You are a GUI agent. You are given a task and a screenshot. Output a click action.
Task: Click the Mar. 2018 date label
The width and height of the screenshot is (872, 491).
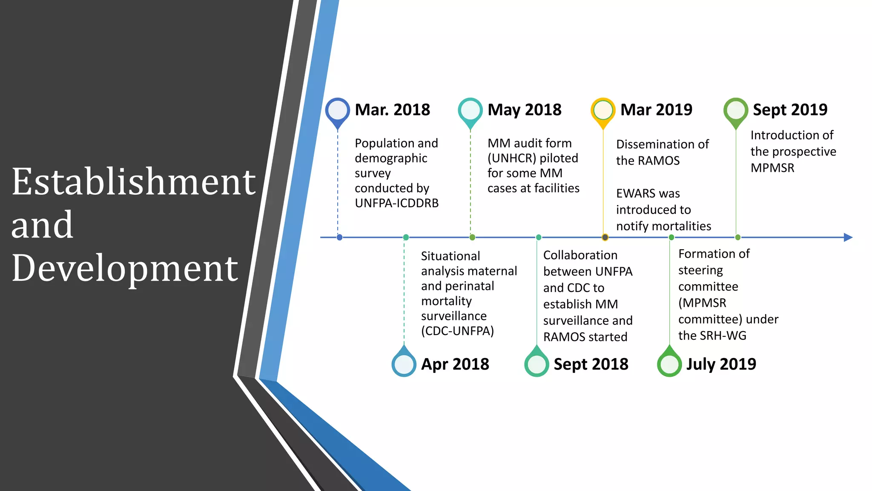(x=392, y=110)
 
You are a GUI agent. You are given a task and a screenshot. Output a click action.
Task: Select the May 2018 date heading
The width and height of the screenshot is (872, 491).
(x=524, y=110)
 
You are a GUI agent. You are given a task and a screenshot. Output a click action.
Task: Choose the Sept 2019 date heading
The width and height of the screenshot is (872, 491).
(x=790, y=110)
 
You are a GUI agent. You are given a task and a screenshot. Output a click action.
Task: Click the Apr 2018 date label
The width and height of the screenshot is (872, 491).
(x=455, y=364)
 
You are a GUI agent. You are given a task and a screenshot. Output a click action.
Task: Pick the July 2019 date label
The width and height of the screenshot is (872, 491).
(x=721, y=364)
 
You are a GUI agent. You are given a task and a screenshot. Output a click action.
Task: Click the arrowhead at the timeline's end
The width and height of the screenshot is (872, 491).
(x=848, y=237)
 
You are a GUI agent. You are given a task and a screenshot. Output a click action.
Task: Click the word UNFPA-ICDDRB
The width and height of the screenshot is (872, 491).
(x=396, y=203)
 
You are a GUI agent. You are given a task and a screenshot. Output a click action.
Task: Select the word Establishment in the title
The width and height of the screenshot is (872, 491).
(x=134, y=182)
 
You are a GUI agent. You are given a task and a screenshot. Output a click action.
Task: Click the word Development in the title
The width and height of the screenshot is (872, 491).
(x=125, y=269)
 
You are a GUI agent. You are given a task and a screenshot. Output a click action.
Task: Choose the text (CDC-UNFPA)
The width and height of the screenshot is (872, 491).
(x=457, y=331)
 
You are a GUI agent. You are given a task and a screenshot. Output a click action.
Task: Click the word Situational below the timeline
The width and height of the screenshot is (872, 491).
(x=450, y=256)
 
